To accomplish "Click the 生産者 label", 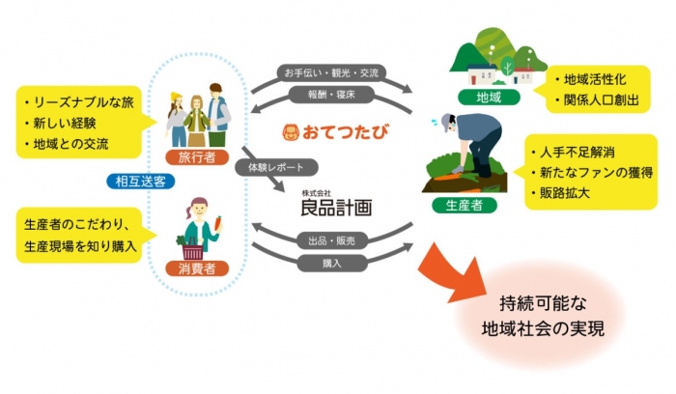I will click(459, 205).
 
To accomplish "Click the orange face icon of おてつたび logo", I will click(289, 130).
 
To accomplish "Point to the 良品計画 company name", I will click(335, 208).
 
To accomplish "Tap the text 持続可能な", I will click(545, 299).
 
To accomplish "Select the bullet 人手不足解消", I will click(577, 152).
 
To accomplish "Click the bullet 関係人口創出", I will click(596, 99).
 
